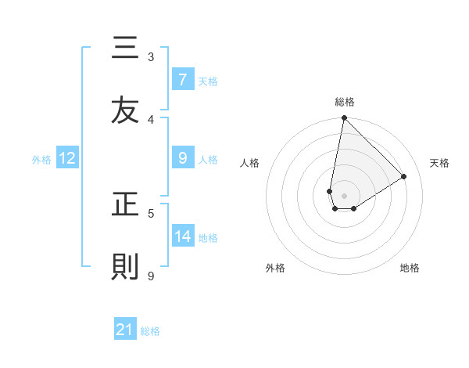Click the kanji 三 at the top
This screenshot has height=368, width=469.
tap(125, 49)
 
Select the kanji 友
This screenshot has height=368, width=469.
tap(125, 110)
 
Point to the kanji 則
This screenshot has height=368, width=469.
tap(125, 267)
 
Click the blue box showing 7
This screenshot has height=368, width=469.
tap(182, 79)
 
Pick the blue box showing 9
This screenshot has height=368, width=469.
tap(182, 158)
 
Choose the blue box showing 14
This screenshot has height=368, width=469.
tap(183, 236)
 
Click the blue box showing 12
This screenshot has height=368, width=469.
tap(67, 158)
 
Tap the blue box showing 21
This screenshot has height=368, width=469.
tap(124, 330)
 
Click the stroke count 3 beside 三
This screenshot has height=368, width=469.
tap(151, 56)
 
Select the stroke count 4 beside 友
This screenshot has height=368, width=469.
tap(151, 119)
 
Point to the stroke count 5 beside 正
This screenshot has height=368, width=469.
tap(151, 213)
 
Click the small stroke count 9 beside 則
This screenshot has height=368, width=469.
tap(151, 276)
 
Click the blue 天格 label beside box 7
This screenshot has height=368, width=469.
tap(208, 81)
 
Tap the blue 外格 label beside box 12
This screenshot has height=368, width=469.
tap(41, 160)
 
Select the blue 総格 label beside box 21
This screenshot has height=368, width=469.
tap(150, 331)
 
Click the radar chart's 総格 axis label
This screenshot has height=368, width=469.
tap(345, 102)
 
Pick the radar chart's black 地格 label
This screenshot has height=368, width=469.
tap(410, 268)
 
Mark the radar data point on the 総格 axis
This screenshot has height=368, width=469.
tap(344, 118)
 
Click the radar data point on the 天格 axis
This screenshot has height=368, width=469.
tap(404, 176)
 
